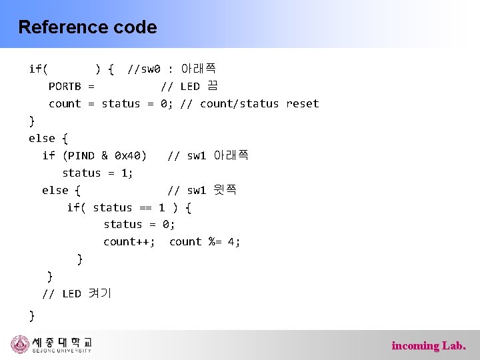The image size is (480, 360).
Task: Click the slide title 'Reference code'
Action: coord(87,27)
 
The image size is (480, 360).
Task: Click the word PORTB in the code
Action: coord(65,87)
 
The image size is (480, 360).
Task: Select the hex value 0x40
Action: coord(127,156)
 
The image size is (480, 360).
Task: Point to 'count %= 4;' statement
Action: coord(205,242)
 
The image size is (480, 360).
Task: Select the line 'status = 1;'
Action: coord(97,173)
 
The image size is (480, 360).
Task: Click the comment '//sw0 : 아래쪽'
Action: coord(171,69)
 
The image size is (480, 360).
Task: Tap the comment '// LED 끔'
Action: coord(189,87)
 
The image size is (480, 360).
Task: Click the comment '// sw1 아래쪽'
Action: coord(208,156)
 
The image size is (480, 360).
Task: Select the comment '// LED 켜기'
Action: coord(77,294)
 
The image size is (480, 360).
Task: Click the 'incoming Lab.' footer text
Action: coord(429,345)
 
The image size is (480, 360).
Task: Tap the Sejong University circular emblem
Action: coord(21,345)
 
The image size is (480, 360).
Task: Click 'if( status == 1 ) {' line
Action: coord(129,208)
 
